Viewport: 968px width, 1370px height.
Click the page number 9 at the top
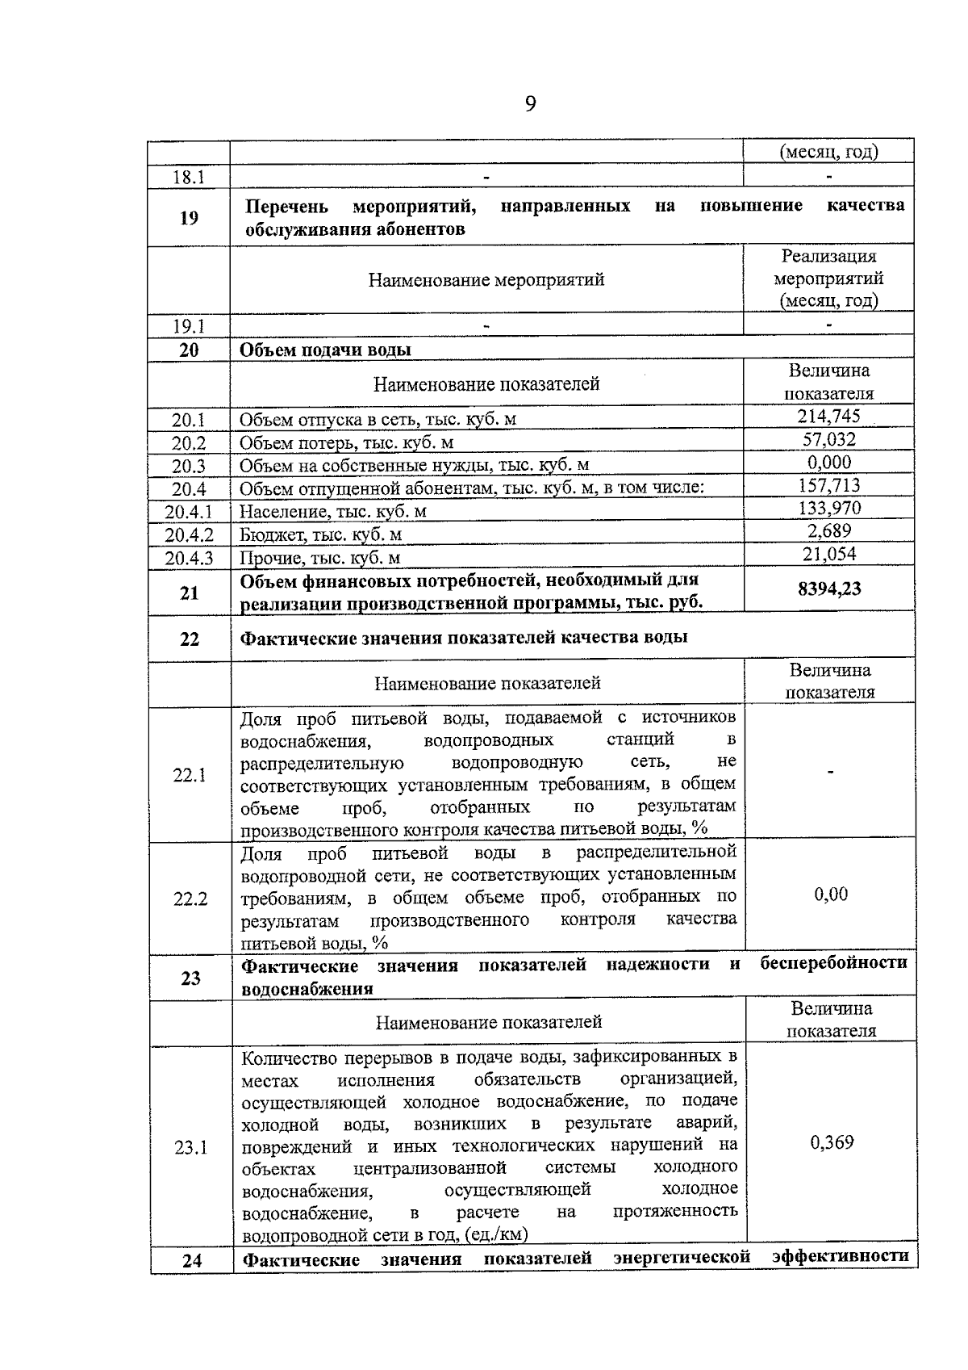[x=530, y=103]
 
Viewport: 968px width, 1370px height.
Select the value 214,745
[x=828, y=416]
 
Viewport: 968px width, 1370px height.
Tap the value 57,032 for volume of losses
[x=828, y=439]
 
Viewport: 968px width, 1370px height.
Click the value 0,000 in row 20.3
[x=829, y=462]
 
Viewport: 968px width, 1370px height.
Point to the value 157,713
[x=828, y=485]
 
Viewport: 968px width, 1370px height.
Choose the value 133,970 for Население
[x=829, y=508]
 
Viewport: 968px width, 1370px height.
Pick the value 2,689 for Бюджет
[x=829, y=530]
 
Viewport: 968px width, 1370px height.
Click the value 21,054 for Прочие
[x=829, y=553]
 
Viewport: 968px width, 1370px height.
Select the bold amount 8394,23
[x=829, y=589]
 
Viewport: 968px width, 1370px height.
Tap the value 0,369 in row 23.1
[x=832, y=1142]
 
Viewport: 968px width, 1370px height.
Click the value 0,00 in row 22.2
[x=831, y=894]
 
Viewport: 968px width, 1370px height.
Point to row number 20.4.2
[x=189, y=534]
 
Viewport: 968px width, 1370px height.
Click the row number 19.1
[x=189, y=326]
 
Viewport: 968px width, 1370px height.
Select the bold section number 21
[x=189, y=593]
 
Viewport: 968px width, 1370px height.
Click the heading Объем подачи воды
[x=325, y=350]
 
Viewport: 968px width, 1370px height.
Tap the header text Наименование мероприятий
[x=486, y=280]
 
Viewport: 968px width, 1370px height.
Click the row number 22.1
[x=190, y=775]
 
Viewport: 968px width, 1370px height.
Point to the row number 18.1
[x=189, y=177]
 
